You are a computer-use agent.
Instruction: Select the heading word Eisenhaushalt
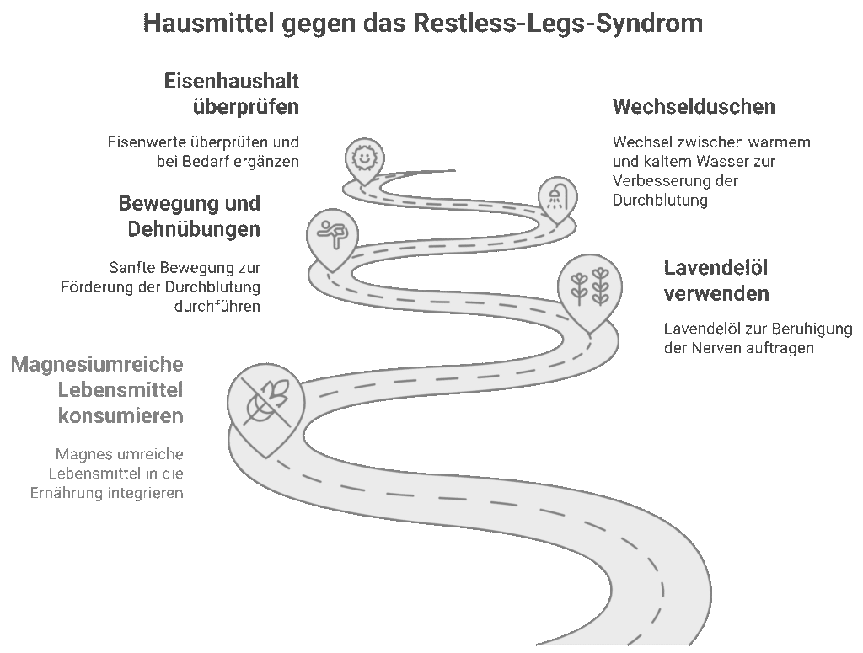[x=232, y=82]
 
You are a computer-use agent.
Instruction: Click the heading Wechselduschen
[x=694, y=107]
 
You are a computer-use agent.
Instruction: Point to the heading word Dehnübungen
[x=194, y=229]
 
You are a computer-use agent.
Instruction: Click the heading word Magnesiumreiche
[x=97, y=365]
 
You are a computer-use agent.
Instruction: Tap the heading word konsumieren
[x=121, y=415]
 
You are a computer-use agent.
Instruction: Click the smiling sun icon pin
[x=363, y=158]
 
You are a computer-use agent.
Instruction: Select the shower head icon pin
[x=556, y=197]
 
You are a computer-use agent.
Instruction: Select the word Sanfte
[x=132, y=268]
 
